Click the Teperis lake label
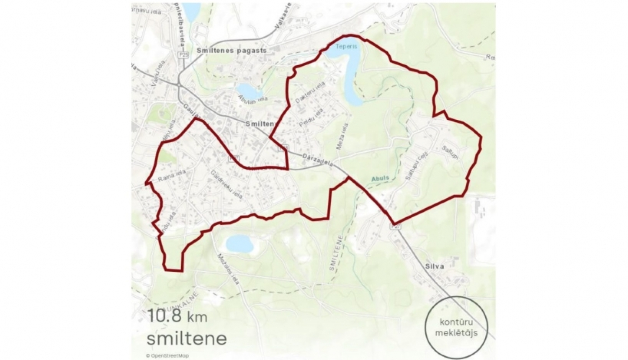click(346, 46)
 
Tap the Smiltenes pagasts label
click(232, 50)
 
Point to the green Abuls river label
click(380, 178)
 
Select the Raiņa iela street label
click(172, 176)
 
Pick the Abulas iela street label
click(253, 99)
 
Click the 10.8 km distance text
click(171, 316)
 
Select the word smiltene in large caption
click(186, 338)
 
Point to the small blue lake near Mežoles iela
click(239, 243)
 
